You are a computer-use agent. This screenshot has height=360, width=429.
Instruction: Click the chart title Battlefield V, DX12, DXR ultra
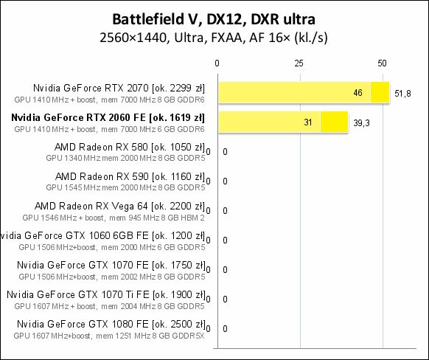click(x=214, y=17)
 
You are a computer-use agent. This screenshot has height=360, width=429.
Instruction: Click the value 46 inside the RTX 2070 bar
click(x=358, y=93)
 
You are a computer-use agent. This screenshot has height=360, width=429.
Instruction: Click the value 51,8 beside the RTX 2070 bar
click(x=403, y=93)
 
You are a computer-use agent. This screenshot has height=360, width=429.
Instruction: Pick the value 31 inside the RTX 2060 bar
click(x=308, y=122)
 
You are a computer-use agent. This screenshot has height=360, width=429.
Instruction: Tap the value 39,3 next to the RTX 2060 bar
click(x=362, y=122)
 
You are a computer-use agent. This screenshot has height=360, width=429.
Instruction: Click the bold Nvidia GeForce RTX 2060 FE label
click(x=108, y=117)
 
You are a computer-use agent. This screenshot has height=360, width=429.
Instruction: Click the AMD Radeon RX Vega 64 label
click(x=119, y=206)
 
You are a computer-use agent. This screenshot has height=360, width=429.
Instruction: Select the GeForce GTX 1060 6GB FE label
click(x=103, y=235)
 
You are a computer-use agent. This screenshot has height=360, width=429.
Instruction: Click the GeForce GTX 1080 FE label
click(x=111, y=324)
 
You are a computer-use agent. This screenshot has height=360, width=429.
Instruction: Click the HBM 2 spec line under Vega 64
click(x=114, y=217)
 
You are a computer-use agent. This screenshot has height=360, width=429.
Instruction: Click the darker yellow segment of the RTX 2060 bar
click(x=334, y=122)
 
